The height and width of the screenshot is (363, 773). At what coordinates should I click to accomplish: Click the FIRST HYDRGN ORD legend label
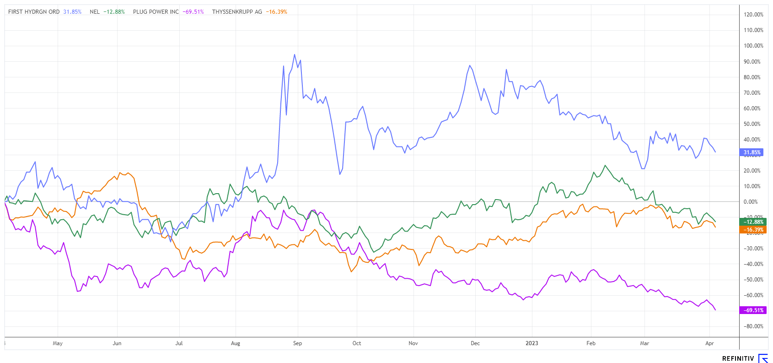point(34,12)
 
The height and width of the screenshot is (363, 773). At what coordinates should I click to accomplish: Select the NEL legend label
point(95,12)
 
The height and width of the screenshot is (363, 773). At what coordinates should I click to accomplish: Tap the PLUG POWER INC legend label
point(156,12)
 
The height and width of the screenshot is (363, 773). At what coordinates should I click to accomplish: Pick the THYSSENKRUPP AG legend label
point(237,12)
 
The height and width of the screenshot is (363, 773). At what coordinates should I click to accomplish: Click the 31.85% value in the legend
point(72,12)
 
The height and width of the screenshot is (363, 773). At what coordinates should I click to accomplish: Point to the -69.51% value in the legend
point(193,12)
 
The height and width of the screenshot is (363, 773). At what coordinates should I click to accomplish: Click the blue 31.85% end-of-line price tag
point(752,152)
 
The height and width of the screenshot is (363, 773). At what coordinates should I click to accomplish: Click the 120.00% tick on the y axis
point(753,15)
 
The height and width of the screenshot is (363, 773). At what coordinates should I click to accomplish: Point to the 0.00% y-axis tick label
point(751,202)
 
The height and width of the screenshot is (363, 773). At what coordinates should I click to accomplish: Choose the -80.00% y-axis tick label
point(753,326)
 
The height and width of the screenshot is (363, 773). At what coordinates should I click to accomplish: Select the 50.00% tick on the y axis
point(752,124)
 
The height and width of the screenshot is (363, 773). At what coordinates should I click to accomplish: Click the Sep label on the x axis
point(297,343)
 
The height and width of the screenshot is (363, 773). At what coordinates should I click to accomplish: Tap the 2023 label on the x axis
point(532,343)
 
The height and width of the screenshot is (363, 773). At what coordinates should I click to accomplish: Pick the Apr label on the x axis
point(709,343)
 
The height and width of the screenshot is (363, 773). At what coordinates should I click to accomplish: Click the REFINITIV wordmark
point(738,358)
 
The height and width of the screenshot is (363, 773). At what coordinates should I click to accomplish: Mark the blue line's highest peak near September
point(295,54)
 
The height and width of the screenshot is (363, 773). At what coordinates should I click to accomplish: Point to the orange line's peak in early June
point(120,173)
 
